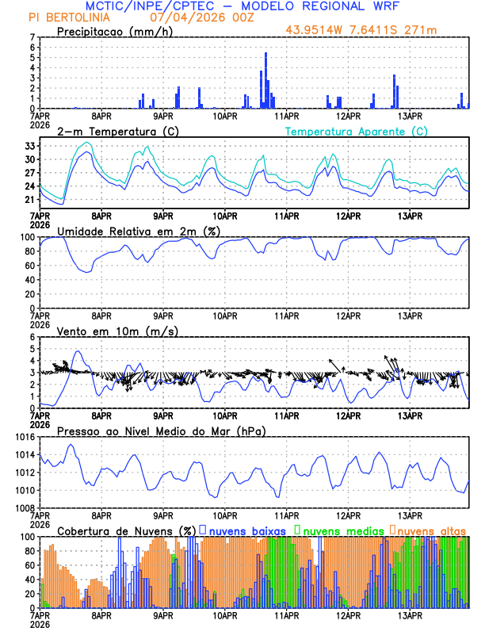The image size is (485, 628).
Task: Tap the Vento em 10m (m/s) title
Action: tap(117, 331)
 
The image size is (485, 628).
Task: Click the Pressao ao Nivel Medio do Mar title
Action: tap(161, 431)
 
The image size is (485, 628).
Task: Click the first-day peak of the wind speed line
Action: tap(77, 351)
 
